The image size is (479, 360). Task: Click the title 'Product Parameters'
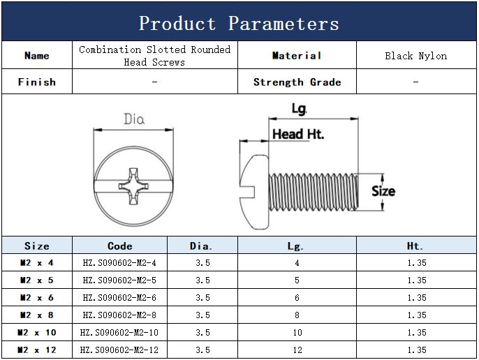click(x=239, y=24)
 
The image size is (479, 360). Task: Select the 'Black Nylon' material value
click(x=415, y=56)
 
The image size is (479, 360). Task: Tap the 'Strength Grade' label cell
click(x=297, y=82)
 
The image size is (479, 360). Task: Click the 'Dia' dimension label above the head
click(x=134, y=119)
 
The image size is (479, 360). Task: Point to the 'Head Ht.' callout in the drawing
click(x=298, y=134)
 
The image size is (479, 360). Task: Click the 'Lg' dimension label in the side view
click(x=299, y=109)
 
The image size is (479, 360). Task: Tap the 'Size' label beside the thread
click(x=383, y=191)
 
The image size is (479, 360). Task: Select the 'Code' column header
click(x=120, y=246)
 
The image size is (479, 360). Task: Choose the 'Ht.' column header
click(x=415, y=246)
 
